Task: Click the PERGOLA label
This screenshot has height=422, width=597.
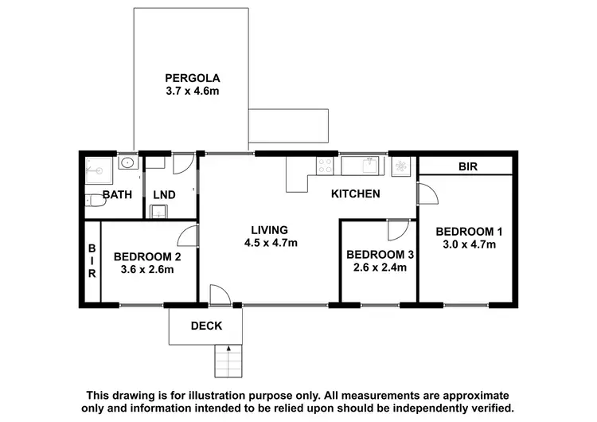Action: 192,78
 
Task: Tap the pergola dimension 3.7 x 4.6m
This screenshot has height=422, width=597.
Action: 192,92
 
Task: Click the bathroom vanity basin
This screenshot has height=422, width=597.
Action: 127,164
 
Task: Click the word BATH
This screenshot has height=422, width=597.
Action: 117,195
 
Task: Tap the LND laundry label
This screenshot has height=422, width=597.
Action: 164,195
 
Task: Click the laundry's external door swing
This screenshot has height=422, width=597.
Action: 182,162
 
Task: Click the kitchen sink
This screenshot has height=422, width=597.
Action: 369,166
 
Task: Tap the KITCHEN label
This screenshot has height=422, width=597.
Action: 355,193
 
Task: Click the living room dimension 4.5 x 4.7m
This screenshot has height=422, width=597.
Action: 270,243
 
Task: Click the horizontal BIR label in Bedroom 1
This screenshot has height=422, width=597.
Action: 467,167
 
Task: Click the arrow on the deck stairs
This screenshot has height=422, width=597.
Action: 228,350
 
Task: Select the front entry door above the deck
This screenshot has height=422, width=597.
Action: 217,295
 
